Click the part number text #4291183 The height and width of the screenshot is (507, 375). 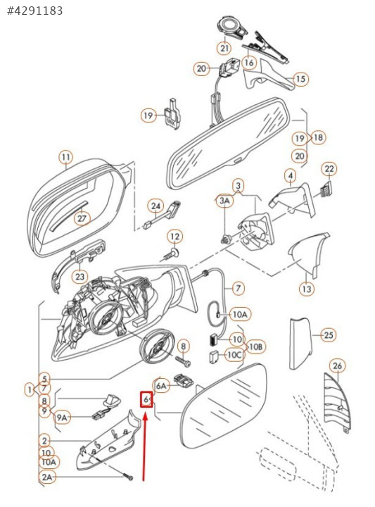click(x=35, y=11)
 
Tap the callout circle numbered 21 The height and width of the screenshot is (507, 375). click(x=224, y=48)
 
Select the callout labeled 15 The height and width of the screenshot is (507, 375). click(x=300, y=79)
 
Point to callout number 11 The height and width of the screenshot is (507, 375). click(x=66, y=158)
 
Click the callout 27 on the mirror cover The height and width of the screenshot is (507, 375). click(x=82, y=218)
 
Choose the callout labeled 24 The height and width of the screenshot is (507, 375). click(x=155, y=206)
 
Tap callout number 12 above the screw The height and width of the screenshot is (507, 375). click(x=174, y=237)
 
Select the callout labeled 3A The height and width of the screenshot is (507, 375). click(x=225, y=201)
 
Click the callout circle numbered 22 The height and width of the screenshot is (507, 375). click(x=329, y=169)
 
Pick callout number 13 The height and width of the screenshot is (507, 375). click(x=307, y=289)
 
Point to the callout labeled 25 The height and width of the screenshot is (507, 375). click(x=329, y=335)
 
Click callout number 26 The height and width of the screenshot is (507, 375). click(x=337, y=366)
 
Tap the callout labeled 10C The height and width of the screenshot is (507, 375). click(x=234, y=355)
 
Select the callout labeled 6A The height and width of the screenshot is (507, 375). click(x=161, y=386)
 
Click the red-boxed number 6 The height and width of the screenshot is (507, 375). click(x=146, y=400)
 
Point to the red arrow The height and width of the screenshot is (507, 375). click(x=145, y=447)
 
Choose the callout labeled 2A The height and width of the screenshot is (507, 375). click(x=47, y=477)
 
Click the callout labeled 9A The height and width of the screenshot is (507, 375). click(x=62, y=418)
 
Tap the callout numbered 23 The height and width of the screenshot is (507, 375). click(x=80, y=277)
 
